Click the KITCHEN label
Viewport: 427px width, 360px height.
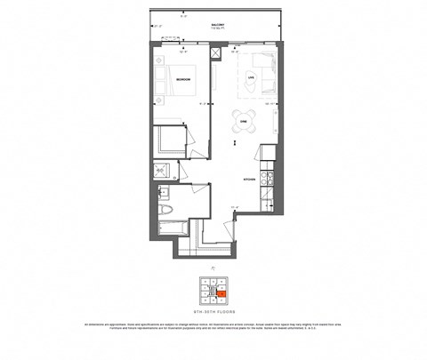[250, 180]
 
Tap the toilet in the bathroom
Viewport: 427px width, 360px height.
[168, 212]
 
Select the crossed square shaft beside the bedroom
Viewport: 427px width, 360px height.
[215, 52]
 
